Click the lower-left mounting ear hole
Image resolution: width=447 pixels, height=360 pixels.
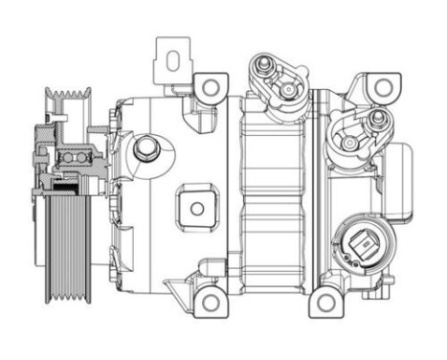[x=209, y=304]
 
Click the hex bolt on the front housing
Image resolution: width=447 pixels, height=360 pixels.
[x=145, y=149]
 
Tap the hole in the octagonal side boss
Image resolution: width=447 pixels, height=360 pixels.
[x=196, y=208]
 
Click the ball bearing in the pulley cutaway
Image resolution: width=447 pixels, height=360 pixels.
[x=72, y=156]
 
